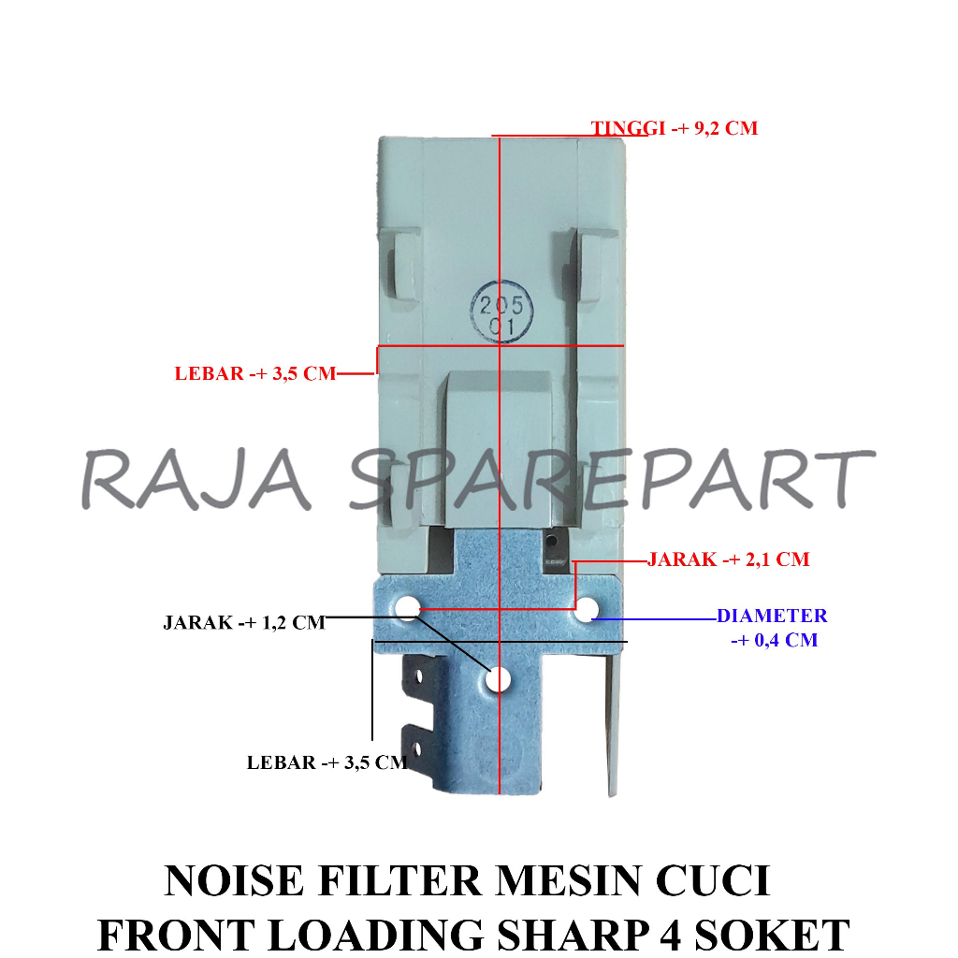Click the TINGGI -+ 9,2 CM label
(x=674, y=128)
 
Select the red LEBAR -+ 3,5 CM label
(x=254, y=373)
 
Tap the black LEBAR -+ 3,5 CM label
(x=327, y=762)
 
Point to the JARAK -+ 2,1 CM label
(x=728, y=559)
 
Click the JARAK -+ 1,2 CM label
(x=244, y=622)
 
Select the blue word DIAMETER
(x=772, y=616)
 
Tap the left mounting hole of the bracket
(x=407, y=609)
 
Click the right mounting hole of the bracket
(x=587, y=610)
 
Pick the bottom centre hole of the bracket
(x=499, y=680)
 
